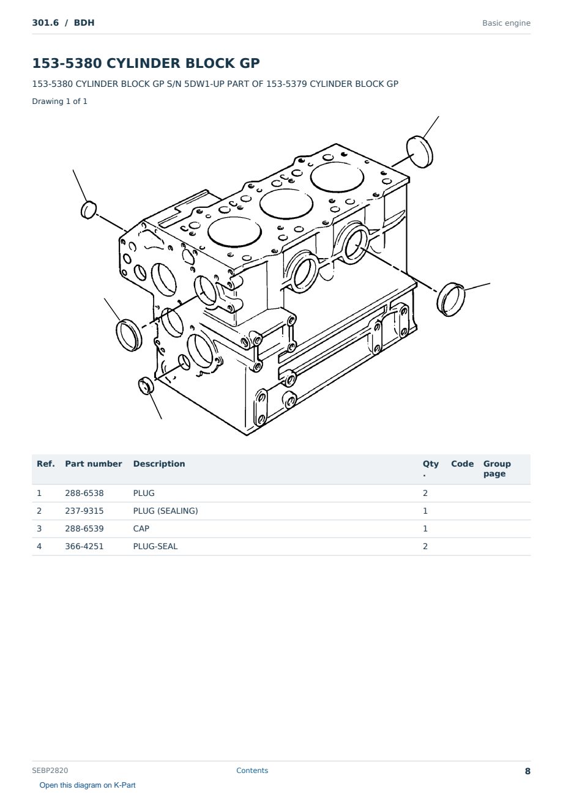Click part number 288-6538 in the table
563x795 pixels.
[x=84, y=493]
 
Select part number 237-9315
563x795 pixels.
[x=84, y=511]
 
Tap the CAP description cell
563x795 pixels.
[x=141, y=528]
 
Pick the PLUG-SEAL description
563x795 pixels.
[x=155, y=546]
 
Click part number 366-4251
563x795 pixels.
[x=84, y=546]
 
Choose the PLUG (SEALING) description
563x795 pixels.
[x=165, y=511]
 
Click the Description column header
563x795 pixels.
[x=159, y=464]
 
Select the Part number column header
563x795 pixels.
[x=94, y=464]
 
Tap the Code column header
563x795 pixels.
[x=462, y=464]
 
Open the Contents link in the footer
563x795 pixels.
[x=252, y=770]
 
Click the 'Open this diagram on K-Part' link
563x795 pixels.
[x=88, y=785]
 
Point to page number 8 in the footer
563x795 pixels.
[x=528, y=771]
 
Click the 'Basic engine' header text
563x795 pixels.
[x=506, y=23]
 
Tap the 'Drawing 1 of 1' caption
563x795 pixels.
[x=60, y=101]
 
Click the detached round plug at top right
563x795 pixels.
[x=420, y=152]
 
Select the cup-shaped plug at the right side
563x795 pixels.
[x=450, y=299]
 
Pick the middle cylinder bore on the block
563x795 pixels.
[x=286, y=204]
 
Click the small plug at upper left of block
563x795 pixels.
[x=89, y=210]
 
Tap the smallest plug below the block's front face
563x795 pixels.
[x=146, y=386]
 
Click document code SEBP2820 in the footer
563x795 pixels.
[x=50, y=770]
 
